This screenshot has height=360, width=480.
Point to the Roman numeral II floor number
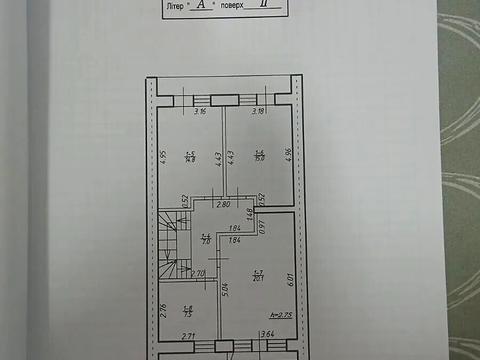click(x=262, y=6)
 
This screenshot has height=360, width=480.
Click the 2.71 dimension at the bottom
click(x=187, y=336)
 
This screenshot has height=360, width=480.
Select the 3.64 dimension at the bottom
click(x=267, y=335)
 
